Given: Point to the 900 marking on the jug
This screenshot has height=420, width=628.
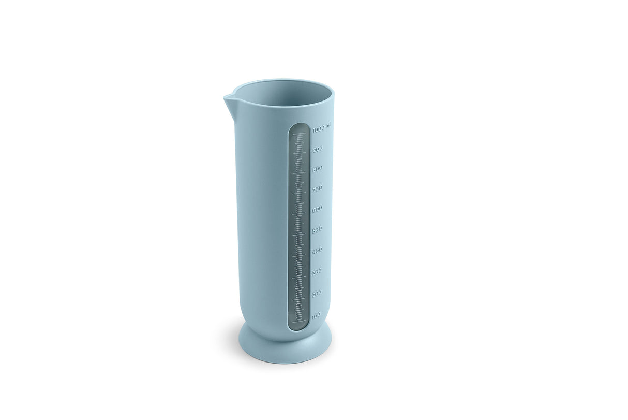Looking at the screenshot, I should click(318, 149).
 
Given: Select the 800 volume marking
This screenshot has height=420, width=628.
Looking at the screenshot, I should click(318, 169).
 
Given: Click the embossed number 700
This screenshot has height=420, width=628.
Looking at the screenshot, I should click(317, 189).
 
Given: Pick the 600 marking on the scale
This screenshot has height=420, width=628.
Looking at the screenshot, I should click(317, 209).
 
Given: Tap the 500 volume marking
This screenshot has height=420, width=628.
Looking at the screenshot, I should click(317, 229).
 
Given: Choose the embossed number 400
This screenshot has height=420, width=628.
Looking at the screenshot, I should click(317, 250).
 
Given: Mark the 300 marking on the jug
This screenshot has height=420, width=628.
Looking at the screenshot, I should click(317, 271).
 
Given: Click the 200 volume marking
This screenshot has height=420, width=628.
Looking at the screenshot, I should click(317, 293).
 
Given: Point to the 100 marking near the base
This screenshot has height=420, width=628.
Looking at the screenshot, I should click(316, 314).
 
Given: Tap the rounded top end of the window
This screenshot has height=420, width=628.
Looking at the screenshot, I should click(299, 126).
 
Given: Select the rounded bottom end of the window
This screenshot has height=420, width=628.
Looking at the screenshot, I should click(298, 326).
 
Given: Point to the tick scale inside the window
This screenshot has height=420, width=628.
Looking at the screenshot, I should click(298, 223).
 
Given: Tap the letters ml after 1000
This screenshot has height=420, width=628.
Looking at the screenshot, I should click(328, 125).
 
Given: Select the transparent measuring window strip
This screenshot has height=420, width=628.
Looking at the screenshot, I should click(298, 226).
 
